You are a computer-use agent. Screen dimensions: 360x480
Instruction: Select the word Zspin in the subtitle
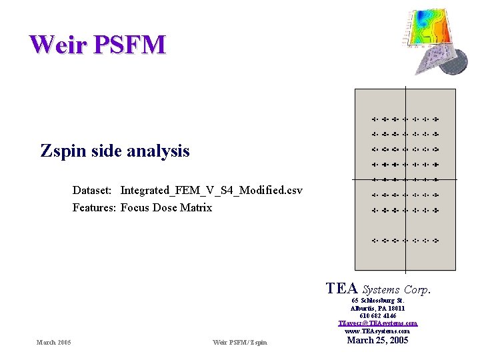[62, 151]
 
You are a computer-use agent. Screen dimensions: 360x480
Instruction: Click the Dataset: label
[93, 191]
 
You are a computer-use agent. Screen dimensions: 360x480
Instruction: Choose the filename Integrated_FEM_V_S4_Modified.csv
[211, 191]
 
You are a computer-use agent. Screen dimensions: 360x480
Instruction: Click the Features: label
[94, 208]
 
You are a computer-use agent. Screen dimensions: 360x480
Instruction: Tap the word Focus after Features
[135, 208]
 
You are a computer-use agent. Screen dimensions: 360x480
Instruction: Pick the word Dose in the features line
[165, 208]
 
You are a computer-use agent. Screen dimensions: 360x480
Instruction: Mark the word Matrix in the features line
[196, 208]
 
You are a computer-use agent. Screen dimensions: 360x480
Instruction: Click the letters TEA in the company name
[342, 288]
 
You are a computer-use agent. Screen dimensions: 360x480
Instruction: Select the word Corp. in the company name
[417, 290]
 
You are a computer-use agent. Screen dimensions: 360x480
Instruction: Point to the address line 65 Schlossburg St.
[377, 300]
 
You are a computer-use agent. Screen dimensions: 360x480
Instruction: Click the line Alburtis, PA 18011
[377, 308]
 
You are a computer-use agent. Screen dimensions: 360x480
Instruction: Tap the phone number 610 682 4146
[377, 316]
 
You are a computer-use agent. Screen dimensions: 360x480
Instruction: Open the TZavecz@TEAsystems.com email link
[377, 323]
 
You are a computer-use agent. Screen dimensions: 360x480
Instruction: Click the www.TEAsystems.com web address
[377, 331]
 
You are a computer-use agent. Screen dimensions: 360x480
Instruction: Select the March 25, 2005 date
[377, 341]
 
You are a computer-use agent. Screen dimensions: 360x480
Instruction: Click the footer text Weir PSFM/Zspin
[240, 343]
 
